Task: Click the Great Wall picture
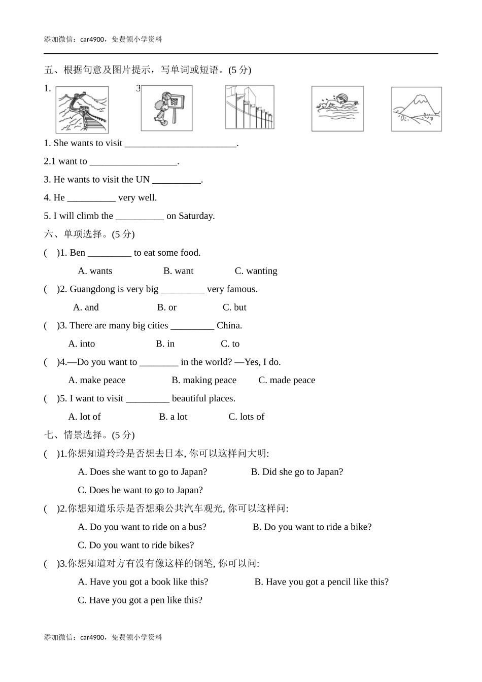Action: (82, 110)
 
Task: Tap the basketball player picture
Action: (166, 109)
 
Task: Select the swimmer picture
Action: (337, 109)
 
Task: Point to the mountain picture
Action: (416, 109)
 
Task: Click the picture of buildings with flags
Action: (250, 108)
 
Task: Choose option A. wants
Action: (95, 271)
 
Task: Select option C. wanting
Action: (256, 271)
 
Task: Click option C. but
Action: (234, 308)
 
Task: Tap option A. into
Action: (81, 344)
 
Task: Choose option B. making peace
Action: (203, 381)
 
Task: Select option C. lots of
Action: (246, 417)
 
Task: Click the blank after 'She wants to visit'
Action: (181, 144)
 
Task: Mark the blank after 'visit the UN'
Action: (176, 180)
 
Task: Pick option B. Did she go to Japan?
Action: (297, 472)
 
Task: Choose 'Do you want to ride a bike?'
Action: (312, 527)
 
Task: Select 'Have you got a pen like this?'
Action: (140, 600)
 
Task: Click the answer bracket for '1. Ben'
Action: (51, 253)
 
